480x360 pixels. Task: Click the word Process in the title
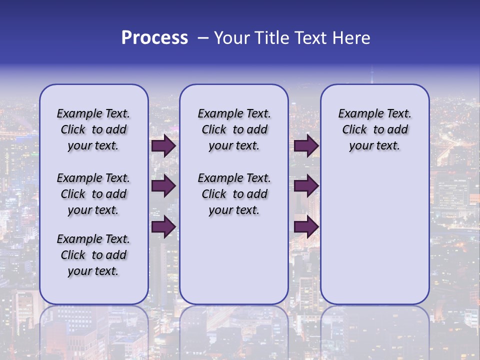154,38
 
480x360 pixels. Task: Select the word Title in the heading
271,38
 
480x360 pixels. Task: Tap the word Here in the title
351,38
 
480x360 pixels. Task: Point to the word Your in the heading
232,38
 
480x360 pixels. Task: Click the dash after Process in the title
203,38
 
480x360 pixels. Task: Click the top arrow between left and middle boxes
163,146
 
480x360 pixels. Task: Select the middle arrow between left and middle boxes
163,186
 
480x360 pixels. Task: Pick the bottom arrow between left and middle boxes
163,227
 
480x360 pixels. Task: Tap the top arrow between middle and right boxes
306,146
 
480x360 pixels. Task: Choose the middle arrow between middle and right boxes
306,186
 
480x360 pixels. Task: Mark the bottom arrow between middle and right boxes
306,227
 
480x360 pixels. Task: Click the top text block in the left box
93,129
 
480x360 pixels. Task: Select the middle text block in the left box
93,194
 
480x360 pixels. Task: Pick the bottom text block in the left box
93,255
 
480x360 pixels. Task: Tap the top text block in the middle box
234,129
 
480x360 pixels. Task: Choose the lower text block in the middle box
234,194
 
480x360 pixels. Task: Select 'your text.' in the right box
374,145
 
